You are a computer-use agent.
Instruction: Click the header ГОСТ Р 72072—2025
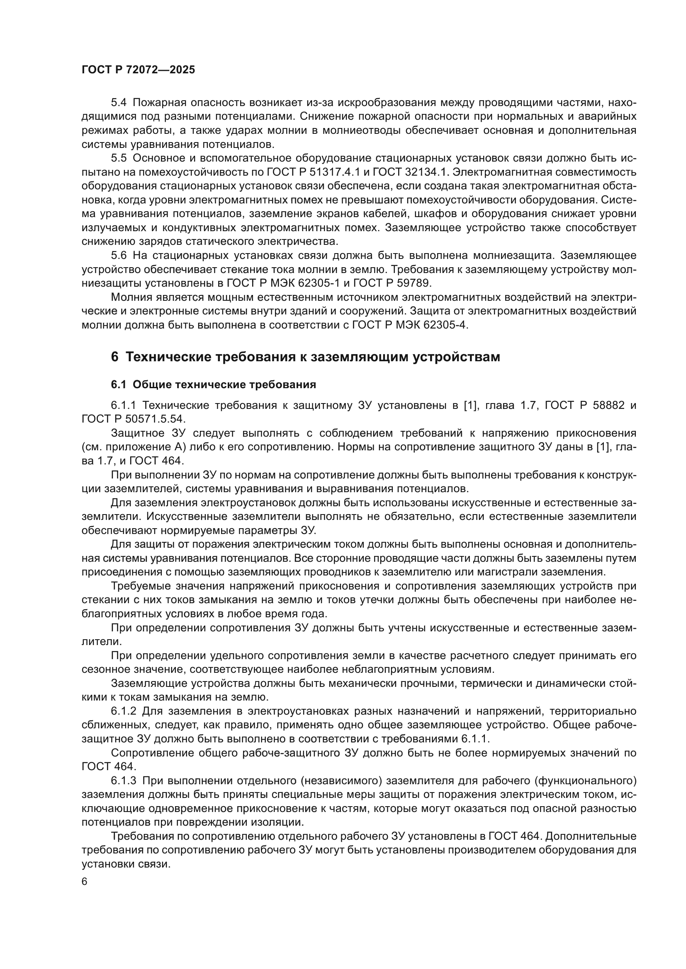[138, 70]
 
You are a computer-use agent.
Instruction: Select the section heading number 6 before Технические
[114, 357]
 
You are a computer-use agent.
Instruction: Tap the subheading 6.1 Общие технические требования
[213, 384]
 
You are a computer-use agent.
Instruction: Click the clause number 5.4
[119, 103]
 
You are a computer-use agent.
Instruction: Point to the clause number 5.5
[119, 158]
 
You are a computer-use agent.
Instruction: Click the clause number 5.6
[119, 256]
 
